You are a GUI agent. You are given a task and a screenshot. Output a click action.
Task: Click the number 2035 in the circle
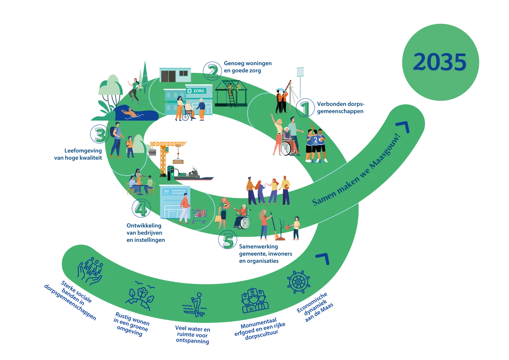click(439, 62)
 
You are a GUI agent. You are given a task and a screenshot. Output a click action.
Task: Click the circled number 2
click(212, 71)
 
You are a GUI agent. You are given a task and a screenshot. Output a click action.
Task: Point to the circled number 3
click(99, 135)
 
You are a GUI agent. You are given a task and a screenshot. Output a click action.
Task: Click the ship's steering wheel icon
click(298, 282)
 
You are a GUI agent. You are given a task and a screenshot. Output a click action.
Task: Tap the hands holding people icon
click(91, 270)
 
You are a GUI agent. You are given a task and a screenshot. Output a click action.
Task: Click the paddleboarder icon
click(194, 304)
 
